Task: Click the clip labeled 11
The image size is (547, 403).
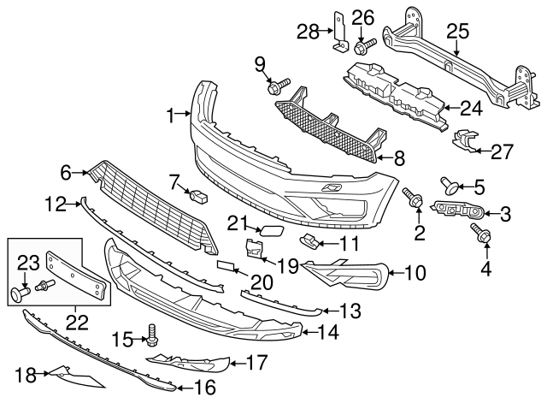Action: (310, 240)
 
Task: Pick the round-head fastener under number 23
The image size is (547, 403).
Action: (19, 295)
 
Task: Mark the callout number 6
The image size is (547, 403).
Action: (65, 172)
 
